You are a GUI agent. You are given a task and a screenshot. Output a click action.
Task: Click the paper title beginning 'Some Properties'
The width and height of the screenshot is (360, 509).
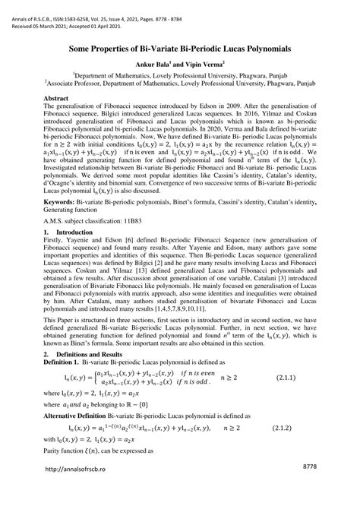tap(180, 49)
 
